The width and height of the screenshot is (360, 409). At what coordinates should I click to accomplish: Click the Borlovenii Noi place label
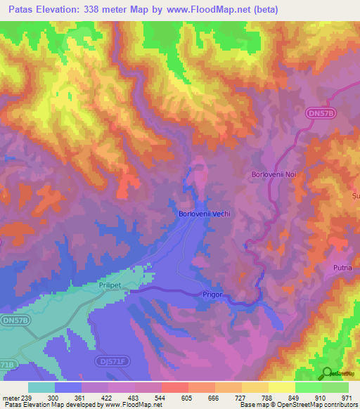275,174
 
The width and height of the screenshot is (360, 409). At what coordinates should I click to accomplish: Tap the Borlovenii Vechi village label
204,214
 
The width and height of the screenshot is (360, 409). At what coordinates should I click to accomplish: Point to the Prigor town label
212,294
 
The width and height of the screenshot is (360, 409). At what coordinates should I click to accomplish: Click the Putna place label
343,268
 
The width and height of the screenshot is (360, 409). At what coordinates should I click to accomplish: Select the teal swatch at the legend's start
41,387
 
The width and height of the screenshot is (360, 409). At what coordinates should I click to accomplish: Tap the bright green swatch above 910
309,387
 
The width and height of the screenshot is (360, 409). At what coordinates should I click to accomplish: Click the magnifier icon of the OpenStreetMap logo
328,372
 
